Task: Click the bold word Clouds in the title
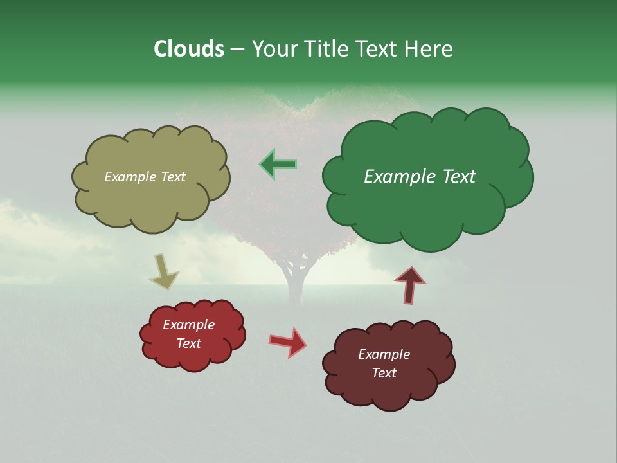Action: point(188,49)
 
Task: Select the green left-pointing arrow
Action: point(278,164)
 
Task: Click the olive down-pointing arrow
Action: point(164,270)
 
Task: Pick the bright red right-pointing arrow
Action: point(288,341)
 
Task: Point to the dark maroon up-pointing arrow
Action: point(410,285)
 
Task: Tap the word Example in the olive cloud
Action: point(130,177)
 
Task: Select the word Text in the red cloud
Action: point(189,343)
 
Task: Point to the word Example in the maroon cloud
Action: point(384,354)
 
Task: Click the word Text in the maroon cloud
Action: point(384,373)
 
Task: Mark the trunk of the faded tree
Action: point(296,280)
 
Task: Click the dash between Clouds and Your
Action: point(237,49)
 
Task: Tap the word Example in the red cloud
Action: point(189,325)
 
